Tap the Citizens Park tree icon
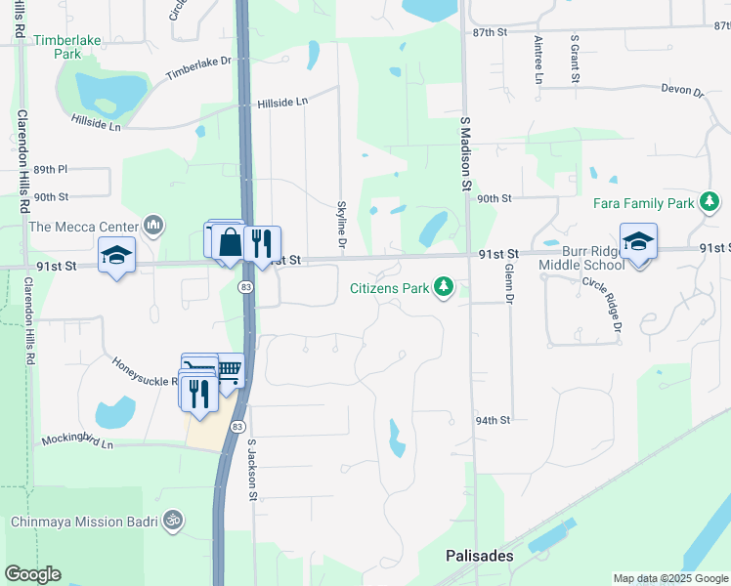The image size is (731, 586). click(x=445, y=287)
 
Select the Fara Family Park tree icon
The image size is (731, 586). click(x=710, y=203)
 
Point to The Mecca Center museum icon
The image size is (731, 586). click(x=152, y=227)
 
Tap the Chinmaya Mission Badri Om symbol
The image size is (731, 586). click(x=173, y=520)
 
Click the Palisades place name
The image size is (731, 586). click(x=479, y=555)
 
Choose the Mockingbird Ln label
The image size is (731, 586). click(x=77, y=442)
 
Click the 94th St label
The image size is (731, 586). click(x=494, y=420)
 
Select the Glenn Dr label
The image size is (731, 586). click(x=509, y=282)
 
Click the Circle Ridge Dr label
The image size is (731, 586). click(x=603, y=305)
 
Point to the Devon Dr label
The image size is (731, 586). click(x=682, y=91)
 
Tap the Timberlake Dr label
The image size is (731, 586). click(x=196, y=67)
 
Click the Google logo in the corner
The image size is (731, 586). click(x=32, y=574)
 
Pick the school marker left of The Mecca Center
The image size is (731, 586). click(x=116, y=256)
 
